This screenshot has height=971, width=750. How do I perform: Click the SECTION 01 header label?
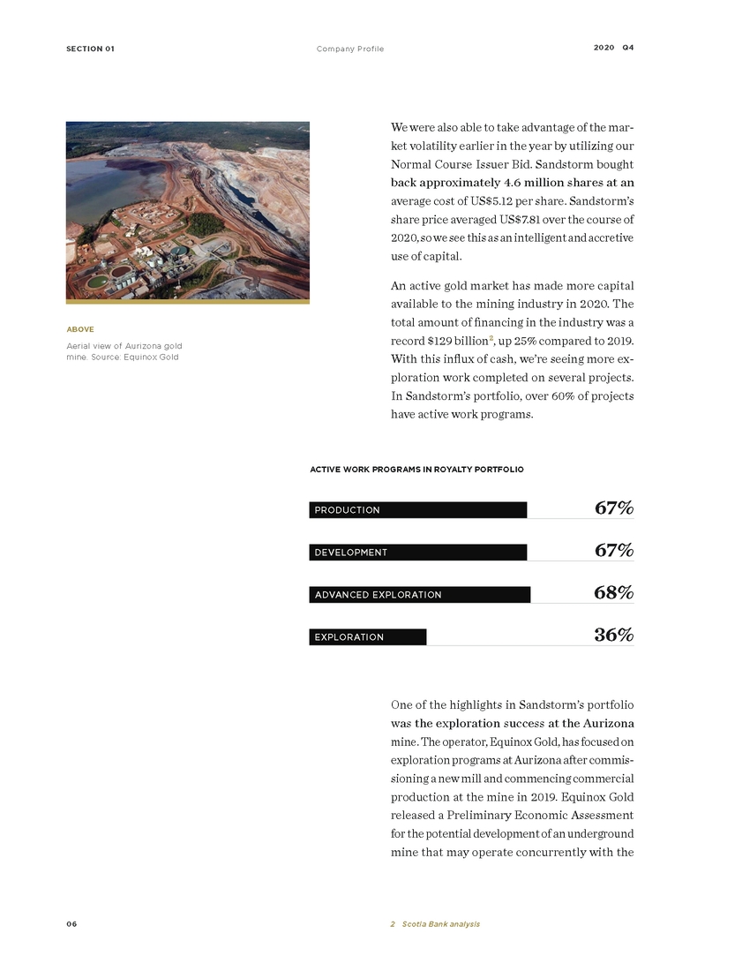(90, 49)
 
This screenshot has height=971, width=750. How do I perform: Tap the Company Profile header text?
(350, 49)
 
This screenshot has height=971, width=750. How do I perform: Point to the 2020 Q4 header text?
(613, 48)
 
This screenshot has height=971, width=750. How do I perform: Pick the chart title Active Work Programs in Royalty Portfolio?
(416, 469)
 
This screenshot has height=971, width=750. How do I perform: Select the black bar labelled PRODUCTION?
(417, 510)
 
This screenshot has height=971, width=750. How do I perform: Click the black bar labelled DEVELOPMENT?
(417, 553)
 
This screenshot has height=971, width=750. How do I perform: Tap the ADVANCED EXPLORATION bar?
(419, 595)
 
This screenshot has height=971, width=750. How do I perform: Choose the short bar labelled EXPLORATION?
(367, 637)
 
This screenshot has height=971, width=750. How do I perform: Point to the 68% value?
(613, 593)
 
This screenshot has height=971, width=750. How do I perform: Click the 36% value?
(613, 636)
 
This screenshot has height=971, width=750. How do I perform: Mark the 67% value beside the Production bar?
(613, 508)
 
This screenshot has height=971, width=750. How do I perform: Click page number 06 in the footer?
(71, 924)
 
